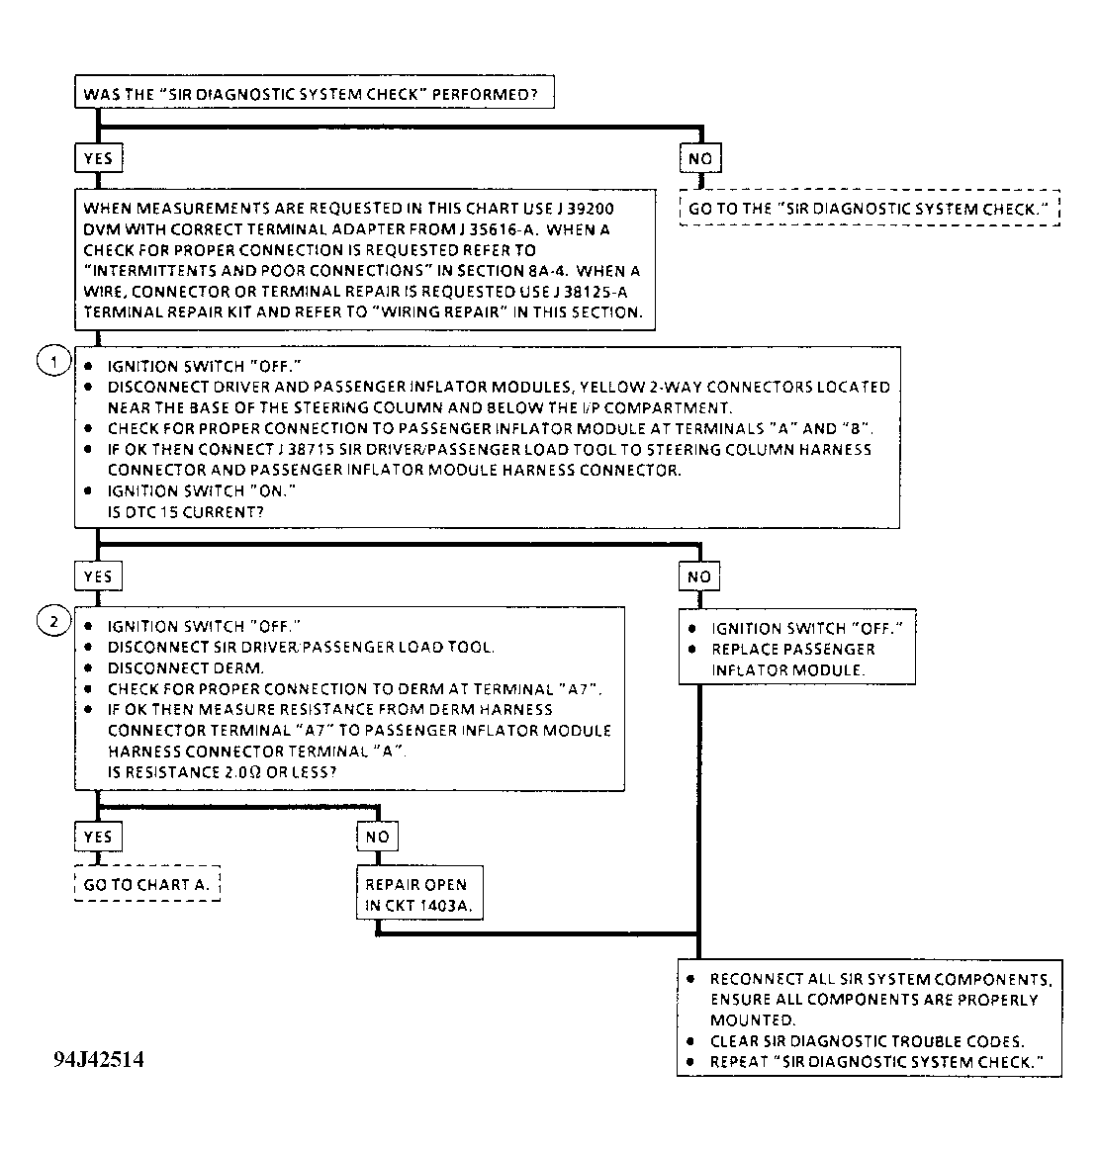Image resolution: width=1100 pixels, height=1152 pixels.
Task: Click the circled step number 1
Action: click(x=52, y=362)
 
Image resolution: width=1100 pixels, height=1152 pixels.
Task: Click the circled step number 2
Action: click(x=52, y=622)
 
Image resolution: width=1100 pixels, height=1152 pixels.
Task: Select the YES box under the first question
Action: click(x=99, y=158)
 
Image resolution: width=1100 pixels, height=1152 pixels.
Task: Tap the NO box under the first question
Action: click(x=699, y=158)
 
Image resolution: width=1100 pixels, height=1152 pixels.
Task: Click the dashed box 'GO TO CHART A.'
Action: click(x=146, y=884)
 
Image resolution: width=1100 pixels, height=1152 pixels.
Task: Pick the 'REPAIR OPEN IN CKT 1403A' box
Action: click(x=420, y=894)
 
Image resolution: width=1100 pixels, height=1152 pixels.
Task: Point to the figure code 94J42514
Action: click(x=98, y=1060)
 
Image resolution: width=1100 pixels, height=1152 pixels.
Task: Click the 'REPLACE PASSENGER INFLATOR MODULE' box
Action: click(x=797, y=649)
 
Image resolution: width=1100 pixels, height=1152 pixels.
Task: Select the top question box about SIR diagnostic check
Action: click(x=313, y=94)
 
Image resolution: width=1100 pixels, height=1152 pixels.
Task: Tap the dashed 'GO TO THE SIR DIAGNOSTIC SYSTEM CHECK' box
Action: click(x=869, y=210)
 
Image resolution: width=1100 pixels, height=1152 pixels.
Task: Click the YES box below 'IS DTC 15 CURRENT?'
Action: click(x=99, y=576)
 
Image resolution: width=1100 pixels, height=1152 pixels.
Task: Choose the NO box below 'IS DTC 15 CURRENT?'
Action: click(x=699, y=576)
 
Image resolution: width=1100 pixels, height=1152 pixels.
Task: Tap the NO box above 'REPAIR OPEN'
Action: click(x=377, y=837)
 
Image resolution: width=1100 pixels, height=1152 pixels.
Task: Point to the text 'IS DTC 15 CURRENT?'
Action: click(x=185, y=512)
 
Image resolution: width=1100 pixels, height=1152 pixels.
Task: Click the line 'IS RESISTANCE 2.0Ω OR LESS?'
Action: click(x=222, y=772)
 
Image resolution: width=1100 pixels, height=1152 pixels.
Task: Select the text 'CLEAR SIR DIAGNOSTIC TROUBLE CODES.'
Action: click(x=867, y=1041)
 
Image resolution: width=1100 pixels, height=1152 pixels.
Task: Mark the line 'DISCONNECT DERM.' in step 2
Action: click(x=186, y=668)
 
